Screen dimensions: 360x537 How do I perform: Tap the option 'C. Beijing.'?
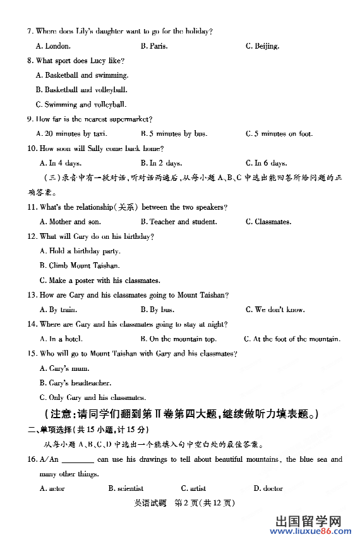tap(262, 46)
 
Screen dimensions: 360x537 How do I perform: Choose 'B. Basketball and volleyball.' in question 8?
tap(81, 90)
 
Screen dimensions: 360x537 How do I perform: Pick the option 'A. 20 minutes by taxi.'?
tap(72, 134)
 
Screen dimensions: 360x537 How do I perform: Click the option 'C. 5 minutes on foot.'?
tap(279, 134)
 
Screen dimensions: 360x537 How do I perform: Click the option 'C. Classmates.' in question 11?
tap(268, 222)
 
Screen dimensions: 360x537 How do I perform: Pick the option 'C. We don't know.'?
tap(275, 310)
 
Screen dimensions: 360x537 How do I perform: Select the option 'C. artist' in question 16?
tap(193, 488)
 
